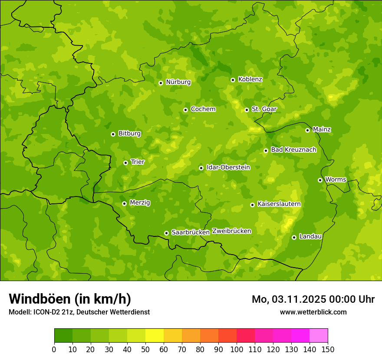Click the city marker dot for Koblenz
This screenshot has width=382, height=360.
point(233,80)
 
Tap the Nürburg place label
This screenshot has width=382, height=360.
point(178,82)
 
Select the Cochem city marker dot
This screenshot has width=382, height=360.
point(185,110)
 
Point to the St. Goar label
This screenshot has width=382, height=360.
point(264,109)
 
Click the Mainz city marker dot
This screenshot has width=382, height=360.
point(307,130)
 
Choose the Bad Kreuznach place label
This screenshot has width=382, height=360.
point(293,150)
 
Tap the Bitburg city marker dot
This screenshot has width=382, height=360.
point(113,134)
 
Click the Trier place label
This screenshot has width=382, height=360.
point(137,162)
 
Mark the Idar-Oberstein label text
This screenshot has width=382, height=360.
point(228,167)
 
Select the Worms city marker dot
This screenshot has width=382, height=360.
point(320,180)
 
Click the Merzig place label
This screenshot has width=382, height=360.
point(140,203)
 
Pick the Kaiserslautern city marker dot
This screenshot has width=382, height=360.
point(252,205)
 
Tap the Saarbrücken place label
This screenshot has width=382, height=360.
point(191,232)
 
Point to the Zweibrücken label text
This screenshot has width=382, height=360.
point(232,231)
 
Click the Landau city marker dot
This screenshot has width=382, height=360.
point(294,237)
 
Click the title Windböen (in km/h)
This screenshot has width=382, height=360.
point(70,299)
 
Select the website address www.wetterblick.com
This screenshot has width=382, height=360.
point(313,312)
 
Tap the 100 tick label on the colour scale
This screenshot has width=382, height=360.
point(236,349)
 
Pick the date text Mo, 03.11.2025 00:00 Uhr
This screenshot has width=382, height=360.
point(313,299)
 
